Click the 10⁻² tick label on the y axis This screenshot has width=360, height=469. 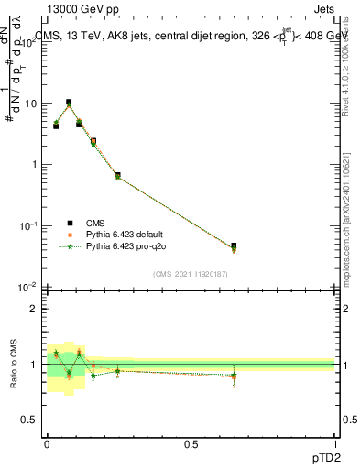27,287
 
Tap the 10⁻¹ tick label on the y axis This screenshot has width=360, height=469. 27,225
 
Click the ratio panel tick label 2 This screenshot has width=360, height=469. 34,309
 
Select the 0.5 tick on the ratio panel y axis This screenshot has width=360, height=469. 29,420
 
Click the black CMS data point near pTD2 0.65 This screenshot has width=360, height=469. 234,246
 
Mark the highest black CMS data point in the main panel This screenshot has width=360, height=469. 69,103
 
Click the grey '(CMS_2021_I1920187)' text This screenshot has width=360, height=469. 190,273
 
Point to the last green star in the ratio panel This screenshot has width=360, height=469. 234,376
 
